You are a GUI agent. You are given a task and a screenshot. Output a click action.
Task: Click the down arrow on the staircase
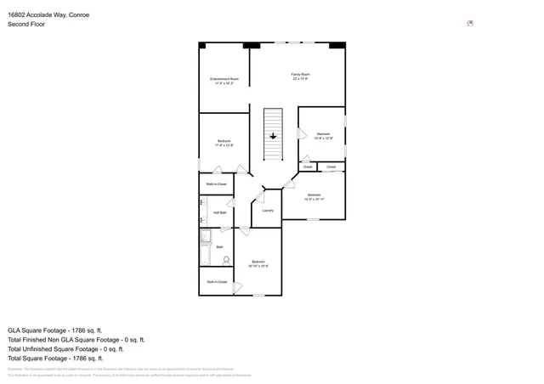point(273,135)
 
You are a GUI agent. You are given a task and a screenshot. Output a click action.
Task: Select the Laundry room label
point(267,210)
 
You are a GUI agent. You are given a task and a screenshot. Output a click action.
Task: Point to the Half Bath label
point(219,212)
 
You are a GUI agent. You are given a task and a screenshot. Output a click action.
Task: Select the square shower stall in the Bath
point(205,236)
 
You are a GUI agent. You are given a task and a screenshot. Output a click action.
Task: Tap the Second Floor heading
point(26,25)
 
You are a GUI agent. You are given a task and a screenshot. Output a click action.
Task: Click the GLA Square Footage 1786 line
point(55,330)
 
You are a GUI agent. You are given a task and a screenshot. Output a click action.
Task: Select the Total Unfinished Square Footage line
point(65,348)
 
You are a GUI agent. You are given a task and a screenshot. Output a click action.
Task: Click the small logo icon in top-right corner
point(470,24)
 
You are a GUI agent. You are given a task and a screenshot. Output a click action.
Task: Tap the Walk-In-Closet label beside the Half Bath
point(216,184)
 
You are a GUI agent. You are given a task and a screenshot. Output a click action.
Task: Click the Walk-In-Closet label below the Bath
point(217,282)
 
